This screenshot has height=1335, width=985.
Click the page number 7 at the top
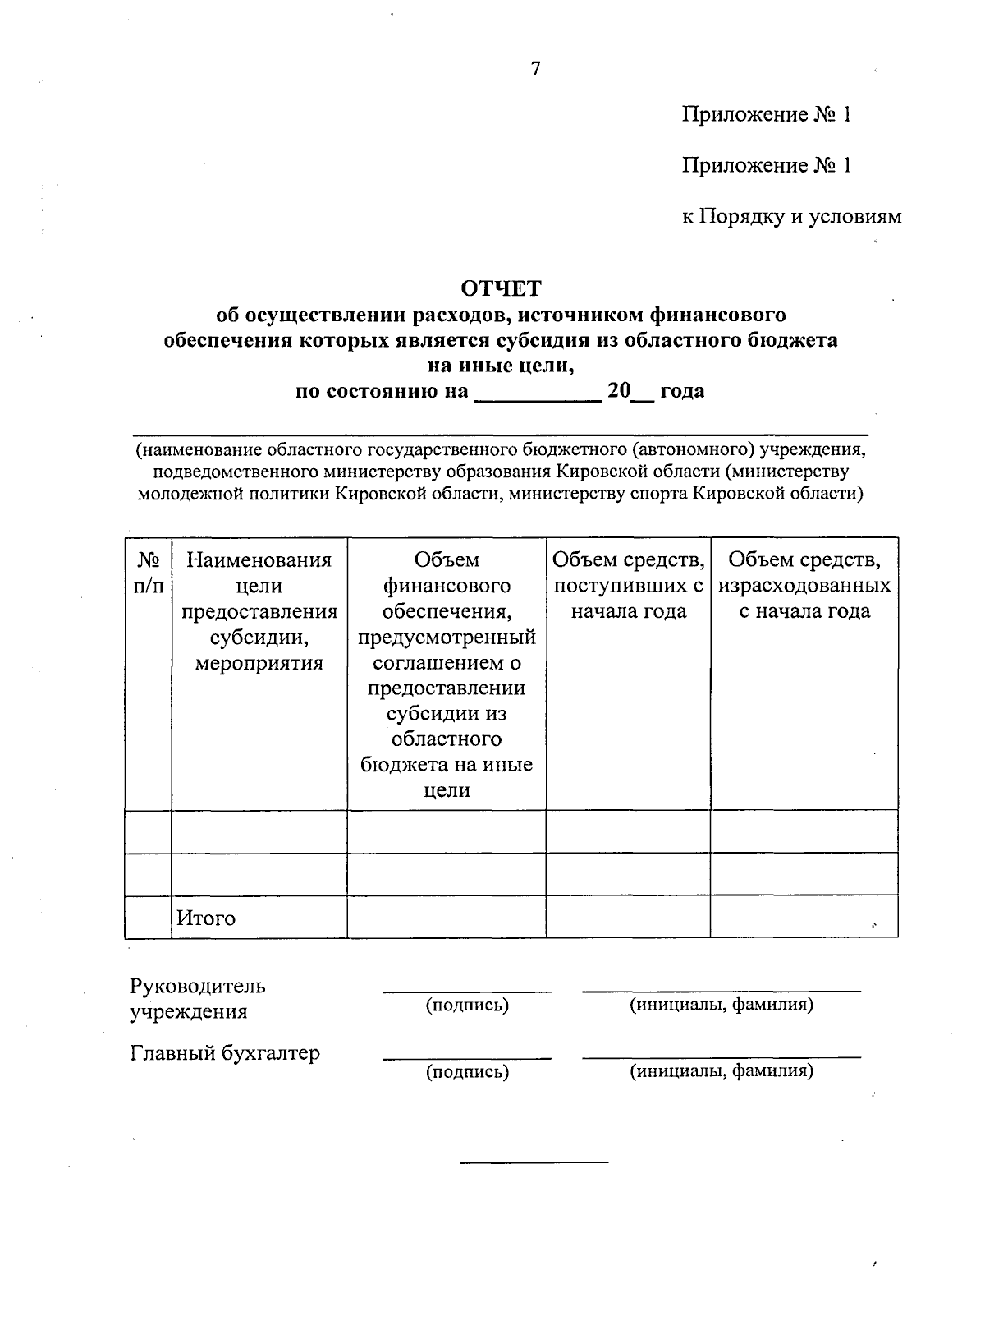click(x=536, y=68)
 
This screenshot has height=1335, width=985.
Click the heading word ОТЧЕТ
click(x=501, y=288)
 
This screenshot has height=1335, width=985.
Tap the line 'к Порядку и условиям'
click(x=791, y=216)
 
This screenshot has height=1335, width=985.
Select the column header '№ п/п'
click(x=148, y=573)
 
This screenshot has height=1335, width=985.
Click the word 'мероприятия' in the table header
click(x=259, y=663)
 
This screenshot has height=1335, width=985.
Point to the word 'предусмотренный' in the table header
click(x=447, y=638)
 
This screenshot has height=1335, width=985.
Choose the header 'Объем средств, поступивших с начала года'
click(x=628, y=586)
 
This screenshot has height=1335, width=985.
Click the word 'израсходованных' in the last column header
click(x=804, y=586)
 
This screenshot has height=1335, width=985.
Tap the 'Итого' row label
click(x=205, y=918)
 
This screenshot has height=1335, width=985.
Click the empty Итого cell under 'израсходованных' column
click(x=804, y=917)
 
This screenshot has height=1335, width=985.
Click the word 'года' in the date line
click(x=682, y=391)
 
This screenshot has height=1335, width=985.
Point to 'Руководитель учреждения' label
click(x=197, y=998)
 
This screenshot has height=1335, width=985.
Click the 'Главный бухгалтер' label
click(x=225, y=1053)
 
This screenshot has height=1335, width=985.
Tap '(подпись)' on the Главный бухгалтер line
click(x=467, y=1071)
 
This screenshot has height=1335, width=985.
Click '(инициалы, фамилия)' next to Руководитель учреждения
click(x=721, y=1004)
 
